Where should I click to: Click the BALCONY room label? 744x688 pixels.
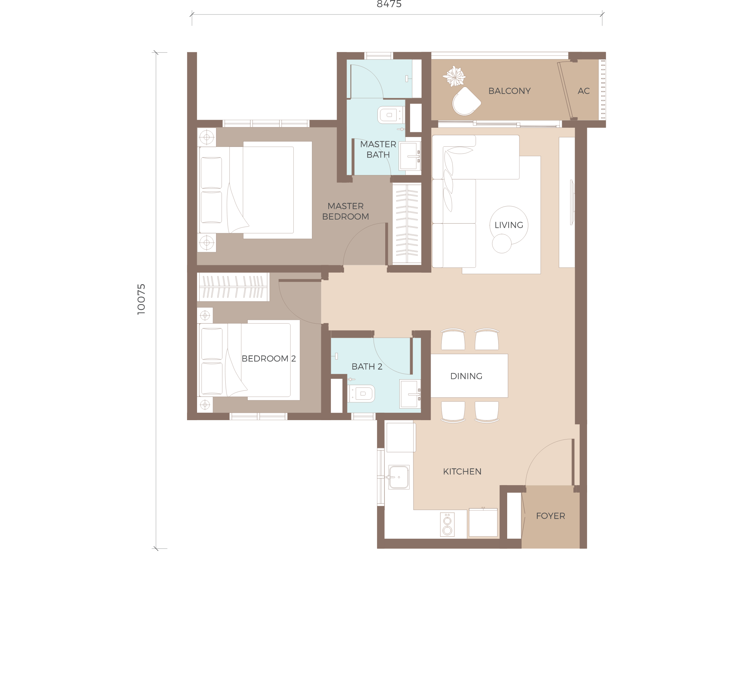click(x=509, y=91)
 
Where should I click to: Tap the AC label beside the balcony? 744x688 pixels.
click(x=583, y=91)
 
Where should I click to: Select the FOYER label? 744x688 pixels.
click(x=550, y=516)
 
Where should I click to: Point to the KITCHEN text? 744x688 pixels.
click(x=462, y=472)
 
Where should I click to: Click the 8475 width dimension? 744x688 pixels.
click(x=389, y=4)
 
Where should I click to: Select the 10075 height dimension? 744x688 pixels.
click(x=141, y=299)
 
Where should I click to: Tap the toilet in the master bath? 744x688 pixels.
click(x=391, y=115)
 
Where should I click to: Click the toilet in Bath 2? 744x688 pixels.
click(x=361, y=393)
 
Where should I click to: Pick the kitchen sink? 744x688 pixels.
click(x=399, y=477)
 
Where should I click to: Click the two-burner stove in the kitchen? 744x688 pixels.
click(x=447, y=525)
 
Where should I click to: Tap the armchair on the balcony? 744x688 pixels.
click(x=466, y=101)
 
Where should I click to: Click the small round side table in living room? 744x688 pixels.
click(x=502, y=243)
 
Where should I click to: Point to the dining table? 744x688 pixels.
click(x=469, y=376)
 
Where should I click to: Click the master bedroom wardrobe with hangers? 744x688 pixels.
click(x=407, y=224)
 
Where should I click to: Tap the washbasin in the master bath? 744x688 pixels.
click(x=409, y=156)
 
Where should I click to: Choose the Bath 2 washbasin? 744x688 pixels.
click(x=410, y=394)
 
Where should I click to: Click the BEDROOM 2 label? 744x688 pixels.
click(x=268, y=358)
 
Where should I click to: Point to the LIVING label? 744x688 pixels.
click(x=509, y=225)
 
